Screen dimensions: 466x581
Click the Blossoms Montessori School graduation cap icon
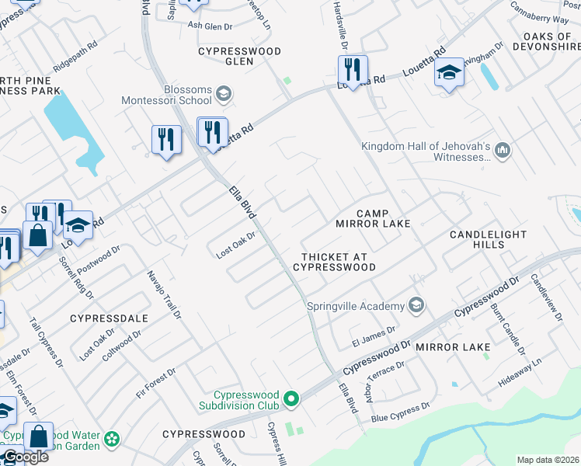223,95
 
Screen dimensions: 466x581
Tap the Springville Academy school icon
417,304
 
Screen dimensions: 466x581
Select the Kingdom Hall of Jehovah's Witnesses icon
502,149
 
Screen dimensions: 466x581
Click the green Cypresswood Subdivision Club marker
291,399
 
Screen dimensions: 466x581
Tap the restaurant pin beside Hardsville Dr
353,71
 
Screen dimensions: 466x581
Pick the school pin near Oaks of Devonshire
449,74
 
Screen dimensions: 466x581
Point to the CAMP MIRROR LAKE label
372,218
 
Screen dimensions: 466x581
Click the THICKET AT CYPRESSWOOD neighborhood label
334,262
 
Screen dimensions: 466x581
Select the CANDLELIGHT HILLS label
488,239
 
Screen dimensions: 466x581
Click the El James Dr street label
374,334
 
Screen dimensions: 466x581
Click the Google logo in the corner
25,457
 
